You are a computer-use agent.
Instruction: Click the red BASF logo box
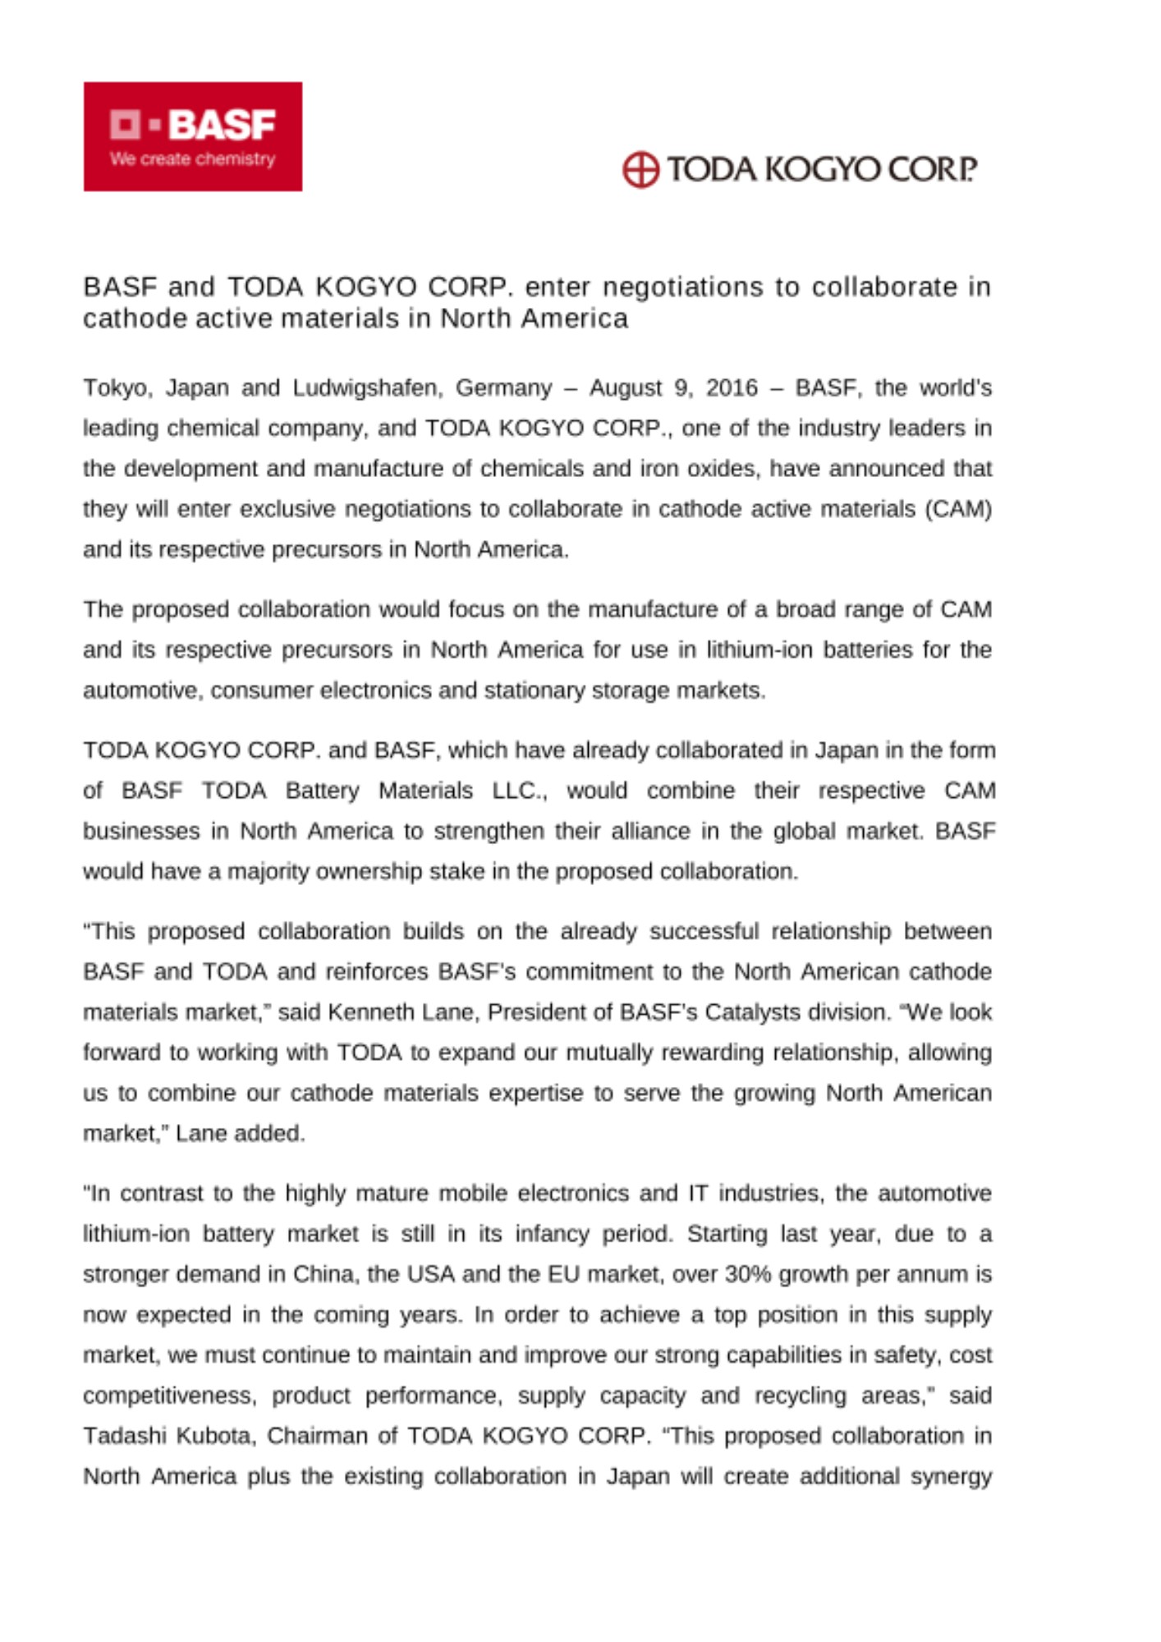click(192, 136)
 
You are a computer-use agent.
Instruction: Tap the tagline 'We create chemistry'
click(192, 159)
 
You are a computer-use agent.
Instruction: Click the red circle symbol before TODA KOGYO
click(640, 170)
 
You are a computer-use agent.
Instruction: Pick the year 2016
click(732, 388)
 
